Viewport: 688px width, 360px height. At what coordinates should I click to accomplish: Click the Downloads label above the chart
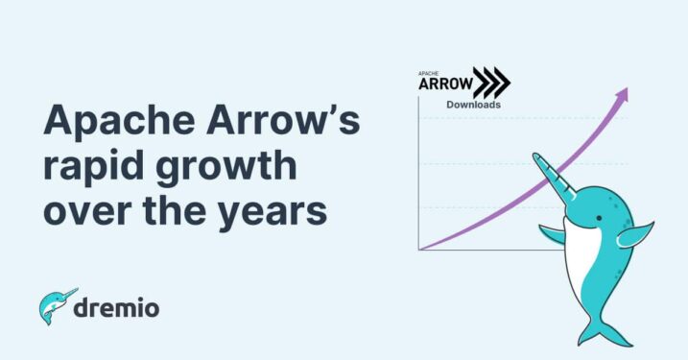(473, 105)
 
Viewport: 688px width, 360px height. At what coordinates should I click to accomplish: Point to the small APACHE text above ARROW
(429, 73)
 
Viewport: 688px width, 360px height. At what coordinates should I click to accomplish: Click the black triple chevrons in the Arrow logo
(494, 83)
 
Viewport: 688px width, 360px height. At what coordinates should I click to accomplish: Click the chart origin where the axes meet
(419, 250)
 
